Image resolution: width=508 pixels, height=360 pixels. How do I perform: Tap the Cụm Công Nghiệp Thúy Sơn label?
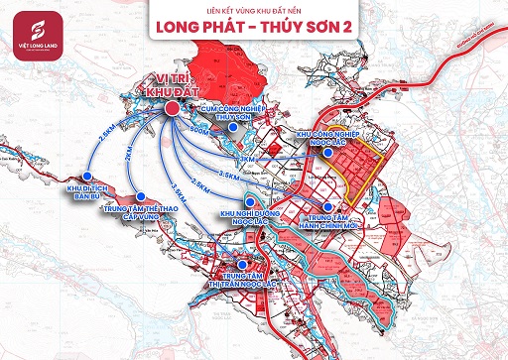click(x=235, y=113)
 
